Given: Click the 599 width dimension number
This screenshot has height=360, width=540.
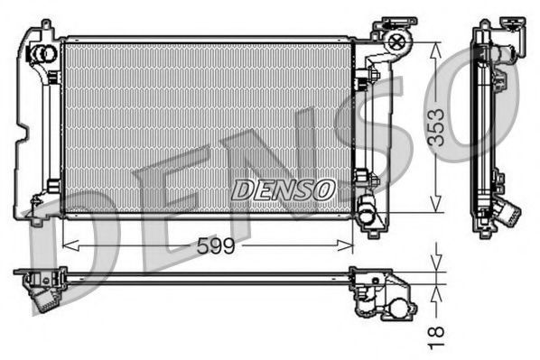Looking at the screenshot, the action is coord(216,245).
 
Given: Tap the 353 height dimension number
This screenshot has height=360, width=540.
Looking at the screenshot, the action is coord(437,127).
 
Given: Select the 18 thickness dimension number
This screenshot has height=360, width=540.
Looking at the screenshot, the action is coord(436,338).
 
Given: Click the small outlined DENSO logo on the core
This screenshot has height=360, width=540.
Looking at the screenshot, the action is coord(283,189).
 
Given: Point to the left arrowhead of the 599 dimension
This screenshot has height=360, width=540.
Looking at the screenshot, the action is coord(71,245).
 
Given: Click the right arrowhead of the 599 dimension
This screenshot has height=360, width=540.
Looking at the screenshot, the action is coord(345,245).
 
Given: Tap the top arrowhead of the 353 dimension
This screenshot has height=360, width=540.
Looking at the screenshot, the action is coord(435,51).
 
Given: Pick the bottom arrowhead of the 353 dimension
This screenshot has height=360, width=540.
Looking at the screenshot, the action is coord(435,204).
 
